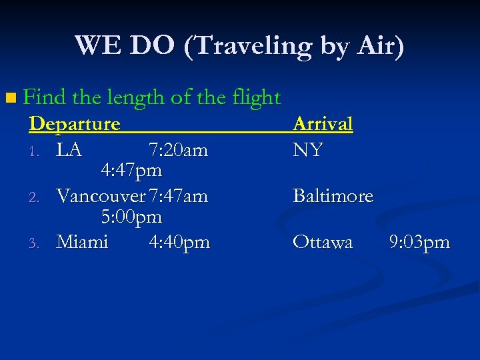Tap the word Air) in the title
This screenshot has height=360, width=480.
click(x=379, y=46)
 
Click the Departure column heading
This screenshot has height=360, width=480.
click(x=75, y=124)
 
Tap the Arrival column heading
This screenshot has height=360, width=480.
click(x=323, y=124)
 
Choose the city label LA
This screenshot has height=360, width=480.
click(x=69, y=150)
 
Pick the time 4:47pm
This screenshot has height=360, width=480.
click(x=131, y=171)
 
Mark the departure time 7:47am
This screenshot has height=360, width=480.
click(x=179, y=196)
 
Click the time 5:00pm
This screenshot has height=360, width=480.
click(x=131, y=217)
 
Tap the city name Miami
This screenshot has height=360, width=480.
click(x=82, y=241)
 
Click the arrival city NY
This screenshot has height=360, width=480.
click(x=308, y=150)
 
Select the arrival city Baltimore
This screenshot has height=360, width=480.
click(x=333, y=196)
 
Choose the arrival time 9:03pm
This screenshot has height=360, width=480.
click(x=419, y=241)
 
